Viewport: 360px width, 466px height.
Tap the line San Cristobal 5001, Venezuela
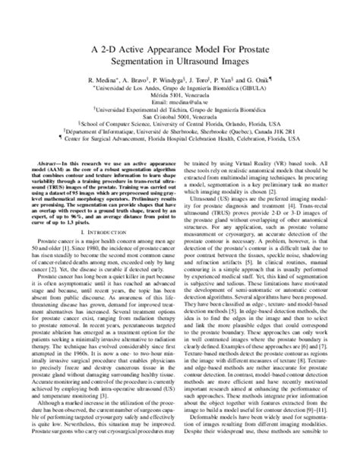point(179,127)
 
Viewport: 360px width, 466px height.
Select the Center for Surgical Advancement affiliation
point(114,154)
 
